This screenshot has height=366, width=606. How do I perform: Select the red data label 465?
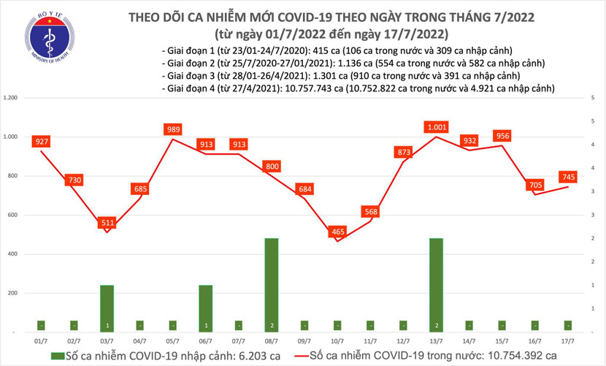coord(338,231)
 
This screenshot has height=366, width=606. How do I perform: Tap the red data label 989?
coord(173,129)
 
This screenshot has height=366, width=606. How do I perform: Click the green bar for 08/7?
coord(272,285)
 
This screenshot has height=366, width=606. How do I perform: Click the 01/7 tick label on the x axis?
coord(41,341)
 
